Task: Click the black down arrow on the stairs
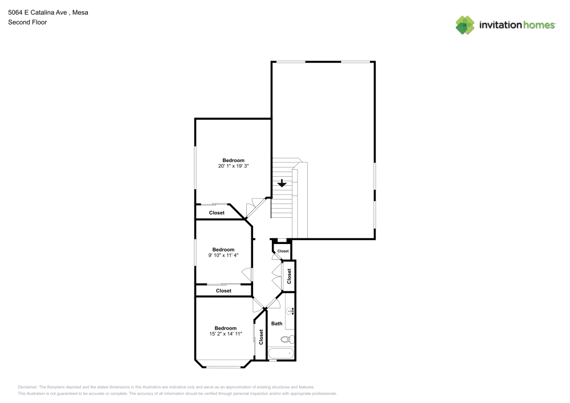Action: [x=282, y=184]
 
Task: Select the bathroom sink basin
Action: [x=290, y=311]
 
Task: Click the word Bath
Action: [x=276, y=324]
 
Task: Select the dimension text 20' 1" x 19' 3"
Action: [x=233, y=166]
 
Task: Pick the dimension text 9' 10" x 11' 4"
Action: [x=223, y=255]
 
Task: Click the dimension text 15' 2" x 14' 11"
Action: [x=225, y=333]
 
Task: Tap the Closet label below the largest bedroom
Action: [x=217, y=213]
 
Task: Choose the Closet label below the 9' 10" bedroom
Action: [x=223, y=291]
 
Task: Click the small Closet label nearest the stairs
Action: [x=283, y=251]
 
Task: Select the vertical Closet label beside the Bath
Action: [x=261, y=337]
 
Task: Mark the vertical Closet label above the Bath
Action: [x=290, y=276]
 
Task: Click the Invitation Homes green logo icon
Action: [x=465, y=25]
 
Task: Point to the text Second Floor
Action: [x=27, y=22]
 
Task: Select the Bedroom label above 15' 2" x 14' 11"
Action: [x=225, y=328]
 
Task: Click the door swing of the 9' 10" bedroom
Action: [x=247, y=274]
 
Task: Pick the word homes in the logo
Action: [x=539, y=25]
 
